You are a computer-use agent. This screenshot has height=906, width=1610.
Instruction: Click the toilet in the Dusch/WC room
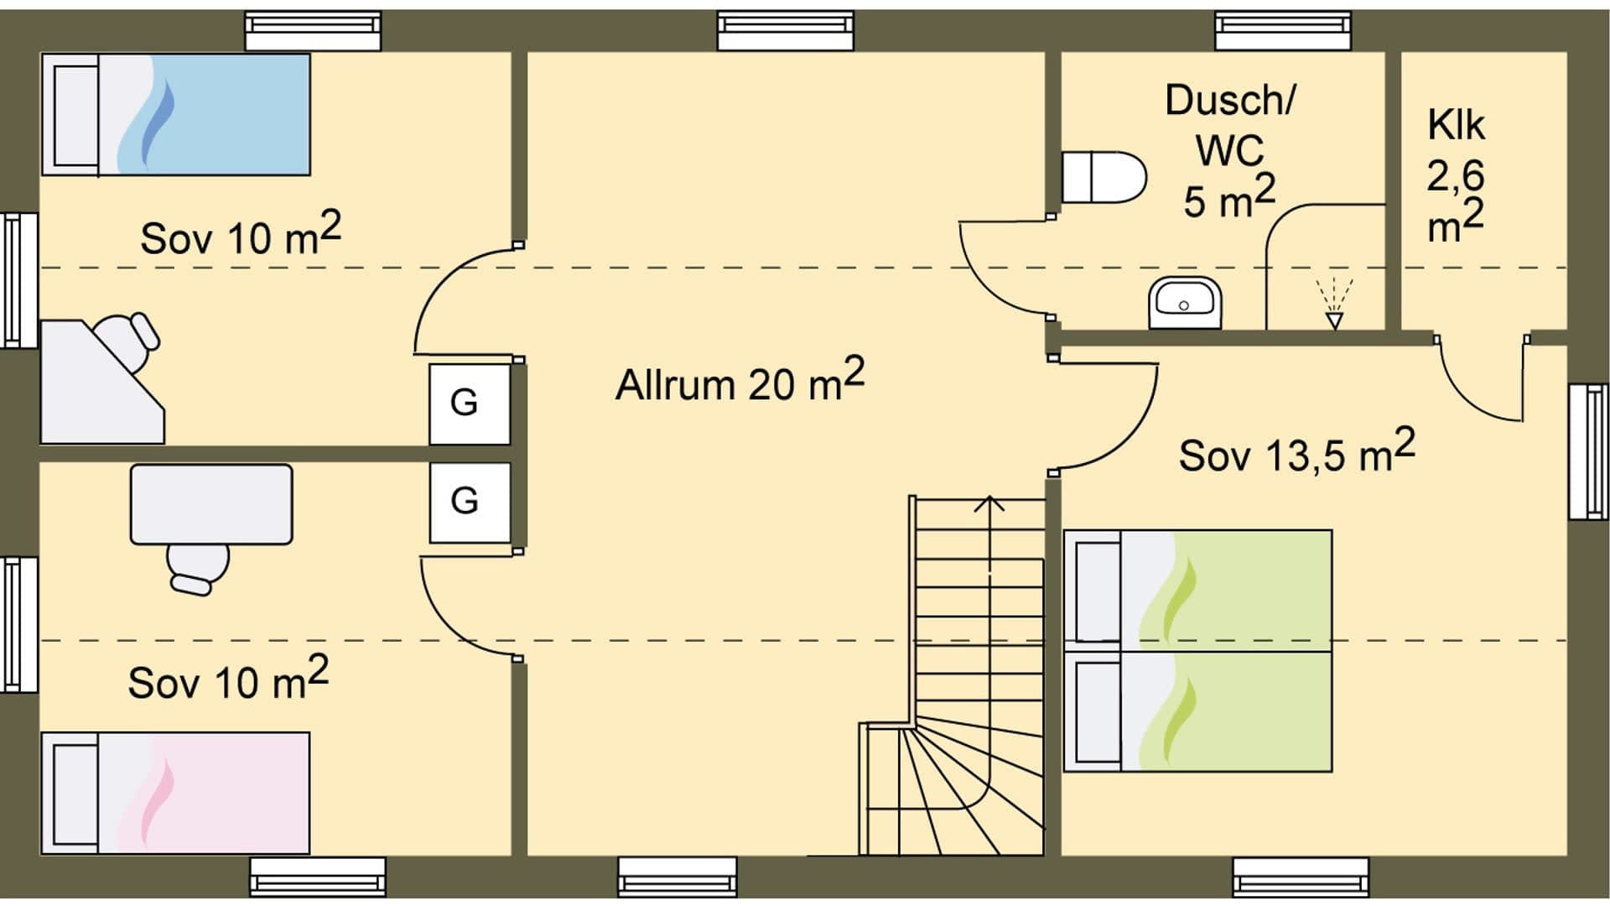pyautogui.click(x=1103, y=177)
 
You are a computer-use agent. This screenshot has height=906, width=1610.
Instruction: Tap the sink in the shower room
pyautogui.click(x=1184, y=303)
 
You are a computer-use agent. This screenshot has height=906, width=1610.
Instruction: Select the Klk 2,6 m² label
pyautogui.click(x=1456, y=176)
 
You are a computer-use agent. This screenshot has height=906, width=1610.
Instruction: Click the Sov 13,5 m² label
pyautogui.click(x=1296, y=453)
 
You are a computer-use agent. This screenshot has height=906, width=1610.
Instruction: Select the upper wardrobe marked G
pyautogui.click(x=469, y=404)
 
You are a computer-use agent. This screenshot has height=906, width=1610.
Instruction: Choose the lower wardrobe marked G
pyautogui.click(x=469, y=502)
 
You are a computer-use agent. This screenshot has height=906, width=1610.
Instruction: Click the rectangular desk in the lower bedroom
pyautogui.click(x=211, y=504)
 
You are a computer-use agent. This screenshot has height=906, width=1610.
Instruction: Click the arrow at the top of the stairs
pyautogui.click(x=990, y=504)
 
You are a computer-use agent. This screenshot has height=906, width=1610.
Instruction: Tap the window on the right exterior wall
pyautogui.click(x=1588, y=452)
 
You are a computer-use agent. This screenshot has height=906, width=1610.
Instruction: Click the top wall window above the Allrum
pyautogui.click(x=786, y=31)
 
